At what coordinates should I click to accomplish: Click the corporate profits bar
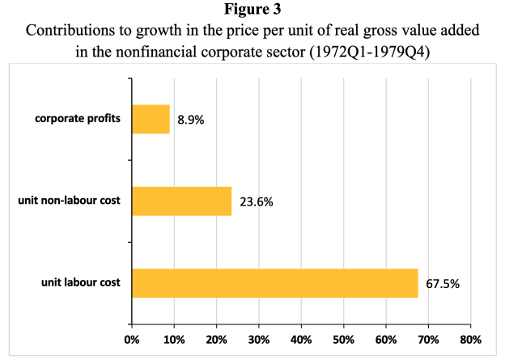(151, 119)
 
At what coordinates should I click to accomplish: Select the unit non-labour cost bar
(181, 201)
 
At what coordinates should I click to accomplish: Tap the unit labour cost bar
(274, 283)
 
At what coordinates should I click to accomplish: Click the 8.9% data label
(192, 121)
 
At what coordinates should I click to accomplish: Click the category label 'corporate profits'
(78, 119)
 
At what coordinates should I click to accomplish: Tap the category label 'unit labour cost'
(81, 283)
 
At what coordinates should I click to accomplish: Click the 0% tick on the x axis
(131, 340)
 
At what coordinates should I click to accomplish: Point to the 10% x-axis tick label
(173, 340)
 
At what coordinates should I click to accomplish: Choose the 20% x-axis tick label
(216, 340)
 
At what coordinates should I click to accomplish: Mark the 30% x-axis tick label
(258, 340)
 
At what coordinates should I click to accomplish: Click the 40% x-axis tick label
(301, 340)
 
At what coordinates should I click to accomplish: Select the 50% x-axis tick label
(343, 340)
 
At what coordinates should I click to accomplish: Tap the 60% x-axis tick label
(385, 340)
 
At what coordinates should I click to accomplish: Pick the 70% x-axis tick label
(428, 340)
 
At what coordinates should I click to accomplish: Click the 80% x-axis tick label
(470, 340)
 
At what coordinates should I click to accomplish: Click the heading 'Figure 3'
(252, 11)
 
